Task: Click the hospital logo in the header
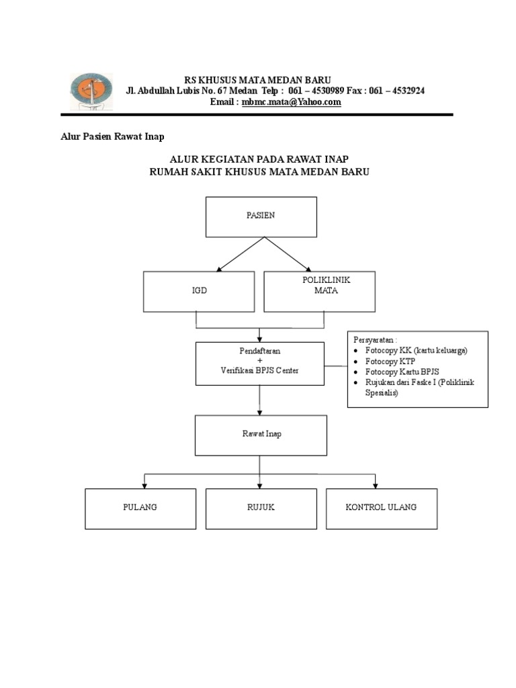[x=92, y=91]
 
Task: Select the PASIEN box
[x=261, y=216]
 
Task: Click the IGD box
[x=199, y=292]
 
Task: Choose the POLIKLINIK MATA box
[x=319, y=292]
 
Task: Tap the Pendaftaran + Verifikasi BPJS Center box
[x=259, y=363]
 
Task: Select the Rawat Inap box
[x=261, y=435]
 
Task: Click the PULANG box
[x=140, y=508]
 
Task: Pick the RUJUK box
[x=261, y=508]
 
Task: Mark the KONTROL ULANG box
[x=381, y=508]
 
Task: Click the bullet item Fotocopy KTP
[x=390, y=361]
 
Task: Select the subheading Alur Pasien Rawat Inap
[x=109, y=136]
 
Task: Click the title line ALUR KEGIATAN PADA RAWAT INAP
[x=259, y=159]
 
